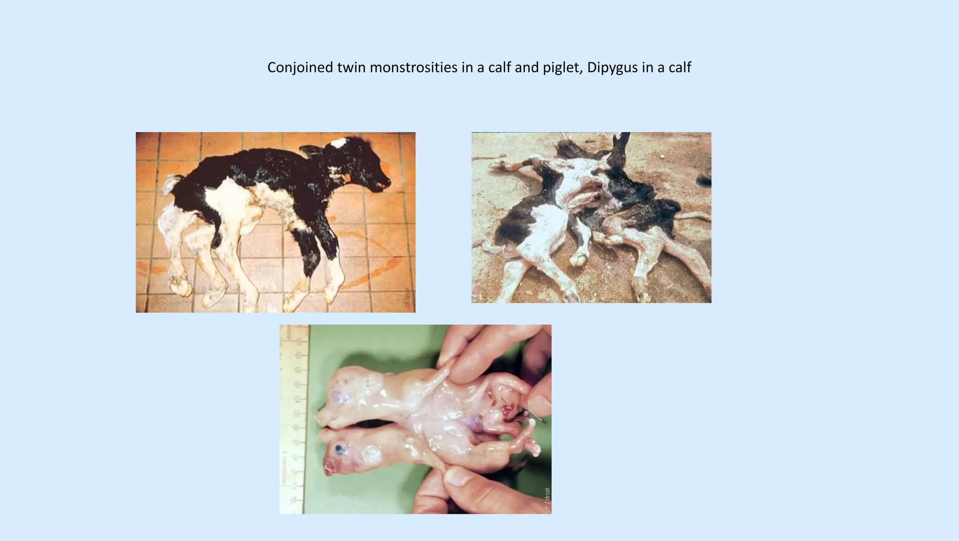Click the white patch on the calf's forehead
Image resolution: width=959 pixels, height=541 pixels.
pyautogui.click(x=338, y=142)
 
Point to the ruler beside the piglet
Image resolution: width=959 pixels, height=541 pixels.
pyautogui.click(x=293, y=417)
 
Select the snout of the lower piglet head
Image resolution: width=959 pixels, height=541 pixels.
pyautogui.click(x=328, y=468)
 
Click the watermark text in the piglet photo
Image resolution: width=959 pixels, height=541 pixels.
pyautogui.click(x=547, y=499)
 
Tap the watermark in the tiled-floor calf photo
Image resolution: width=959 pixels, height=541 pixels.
pyautogui.click(x=407, y=299)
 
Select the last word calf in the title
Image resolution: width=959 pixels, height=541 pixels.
pyautogui.click(x=679, y=67)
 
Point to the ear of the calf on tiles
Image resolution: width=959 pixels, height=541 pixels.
pyautogui.click(x=311, y=151)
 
